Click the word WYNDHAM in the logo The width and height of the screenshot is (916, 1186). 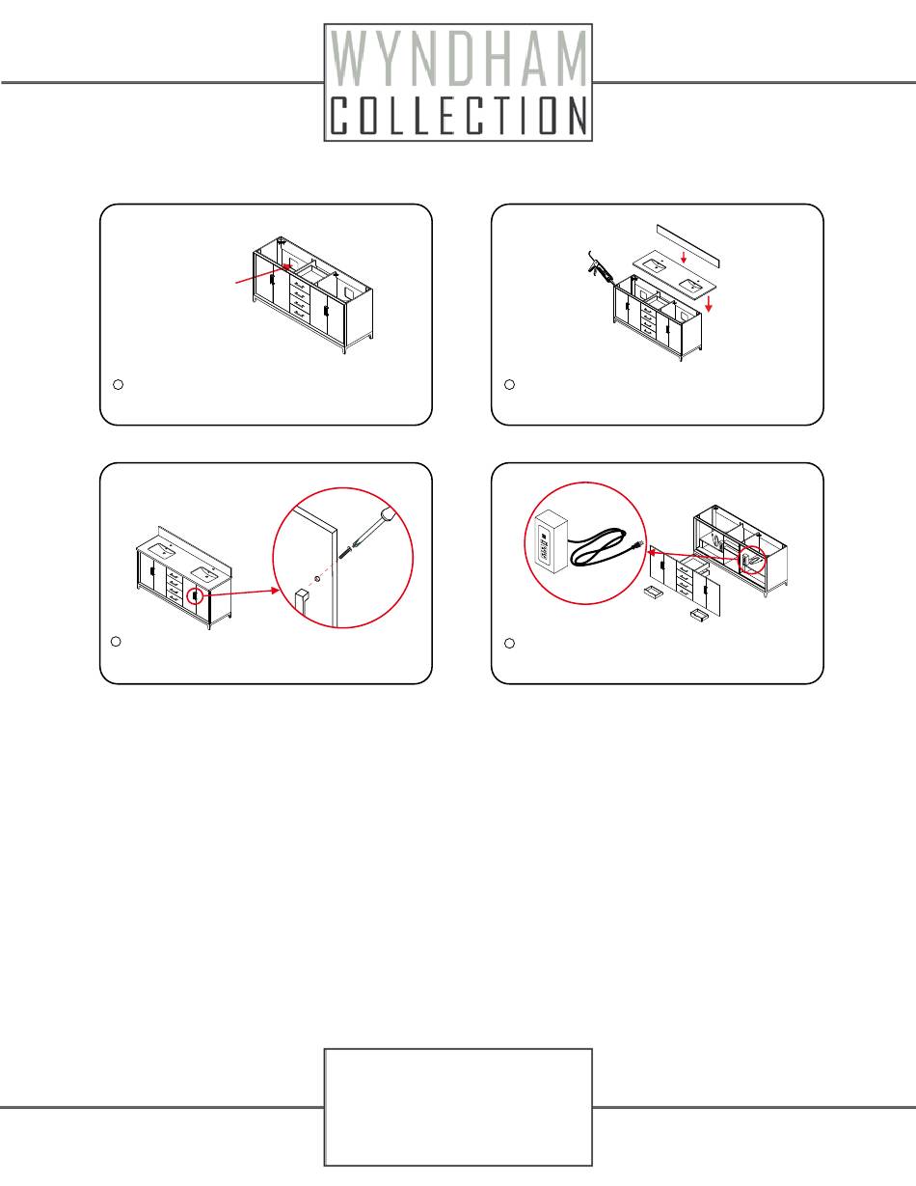pos(459,59)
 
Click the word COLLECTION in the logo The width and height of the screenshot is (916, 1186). pos(459,115)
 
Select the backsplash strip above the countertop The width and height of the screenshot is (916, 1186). pos(688,245)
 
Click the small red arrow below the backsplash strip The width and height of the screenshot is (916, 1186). pos(684,257)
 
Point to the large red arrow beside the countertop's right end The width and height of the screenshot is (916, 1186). pos(709,304)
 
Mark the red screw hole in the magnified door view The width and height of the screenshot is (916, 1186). pos(317,577)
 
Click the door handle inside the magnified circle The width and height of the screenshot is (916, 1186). pos(302,606)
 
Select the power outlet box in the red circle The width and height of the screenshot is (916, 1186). pos(552,541)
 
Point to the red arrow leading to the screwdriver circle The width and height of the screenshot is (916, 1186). pos(242,593)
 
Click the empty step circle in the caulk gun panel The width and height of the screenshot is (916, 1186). pos(509,385)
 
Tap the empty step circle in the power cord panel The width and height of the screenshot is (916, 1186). pos(509,644)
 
